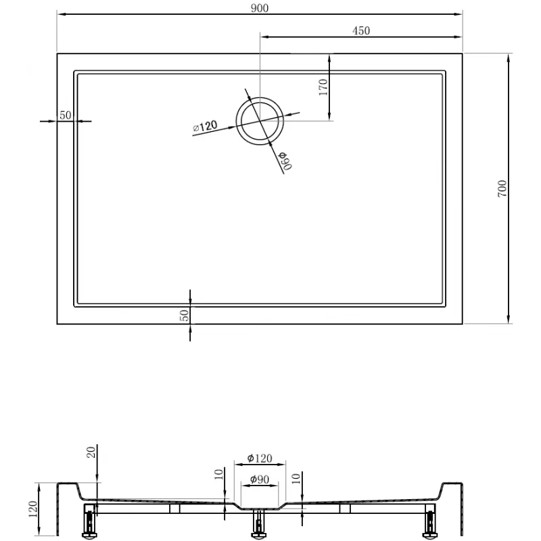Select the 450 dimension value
tap(360, 30)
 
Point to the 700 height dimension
tap(502, 189)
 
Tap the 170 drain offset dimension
tap(323, 87)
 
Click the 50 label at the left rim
tap(66, 115)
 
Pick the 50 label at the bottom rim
tap(184, 314)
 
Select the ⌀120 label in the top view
tap(205, 126)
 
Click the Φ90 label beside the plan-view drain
tap(285, 160)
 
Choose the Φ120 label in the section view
tap(260, 458)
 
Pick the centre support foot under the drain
tap(259, 525)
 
